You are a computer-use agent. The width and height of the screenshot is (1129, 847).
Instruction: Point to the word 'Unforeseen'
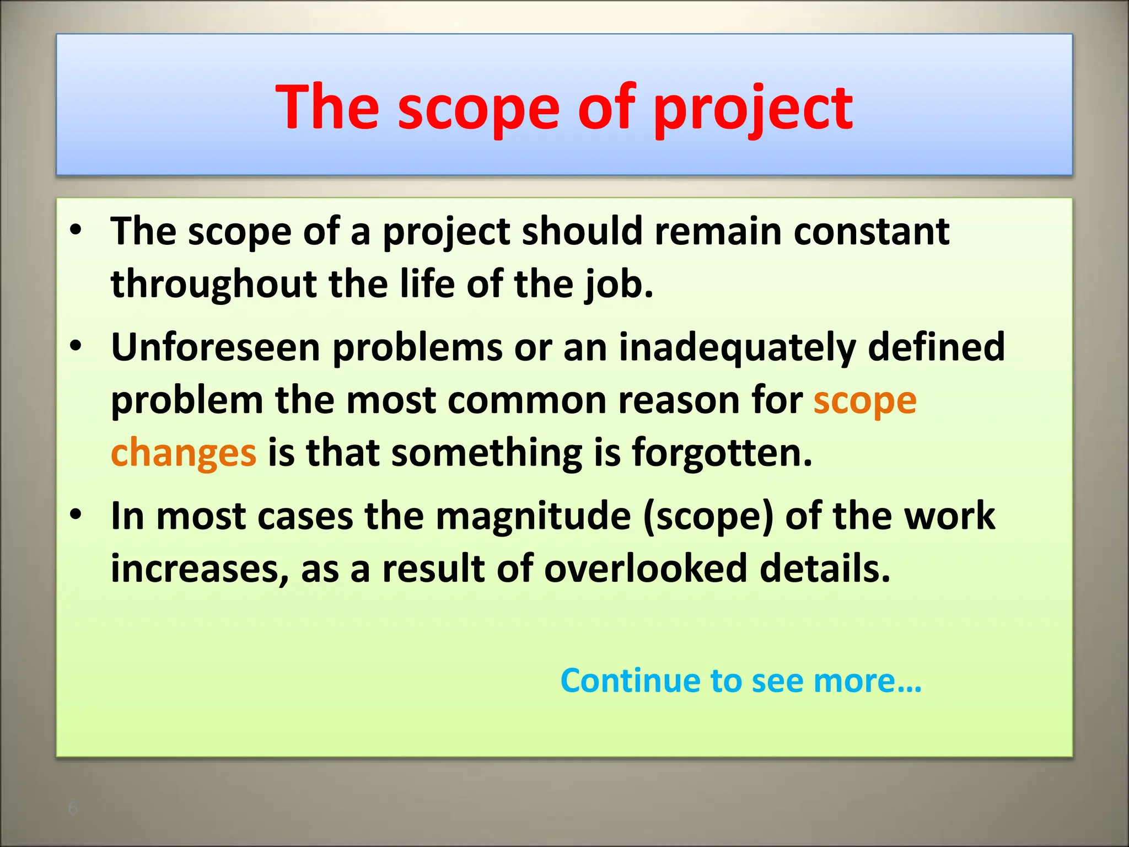[216, 347]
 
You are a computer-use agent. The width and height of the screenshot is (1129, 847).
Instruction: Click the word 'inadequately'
[737, 347]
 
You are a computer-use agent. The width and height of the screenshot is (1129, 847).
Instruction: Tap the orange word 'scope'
[865, 400]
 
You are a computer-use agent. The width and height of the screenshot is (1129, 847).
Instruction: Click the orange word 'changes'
[184, 453]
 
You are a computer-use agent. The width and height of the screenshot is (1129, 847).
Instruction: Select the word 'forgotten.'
[722, 453]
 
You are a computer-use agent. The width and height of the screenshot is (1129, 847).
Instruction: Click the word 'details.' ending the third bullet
[825, 569]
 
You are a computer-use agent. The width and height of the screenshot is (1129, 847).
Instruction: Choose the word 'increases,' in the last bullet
[200, 569]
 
